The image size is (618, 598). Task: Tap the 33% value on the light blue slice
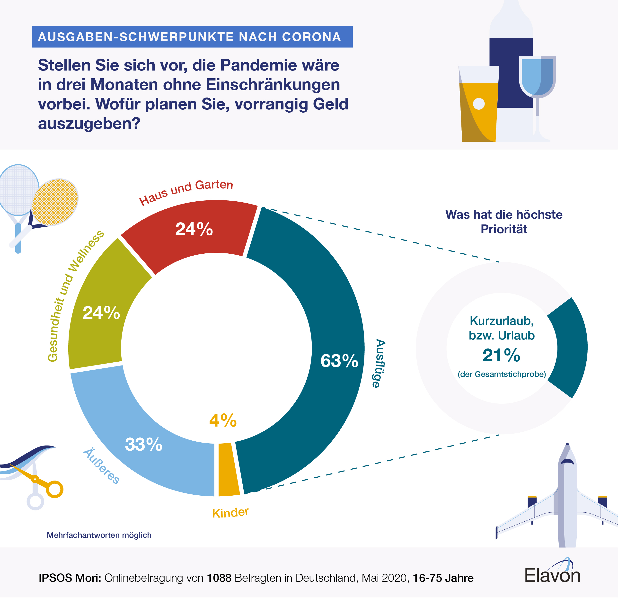coord(143,445)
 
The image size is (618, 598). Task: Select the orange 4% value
coord(223,420)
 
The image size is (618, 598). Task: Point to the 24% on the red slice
coord(194,229)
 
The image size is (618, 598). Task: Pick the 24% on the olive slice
coord(101,313)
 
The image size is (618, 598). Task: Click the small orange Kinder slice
coord(228,469)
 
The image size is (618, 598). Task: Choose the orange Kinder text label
coord(230,513)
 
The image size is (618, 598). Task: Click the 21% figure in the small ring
coord(501,356)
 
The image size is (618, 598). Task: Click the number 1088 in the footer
coord(219,578)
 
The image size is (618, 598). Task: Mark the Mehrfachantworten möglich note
coord(99,535)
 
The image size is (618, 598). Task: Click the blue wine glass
coord(537,79)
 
